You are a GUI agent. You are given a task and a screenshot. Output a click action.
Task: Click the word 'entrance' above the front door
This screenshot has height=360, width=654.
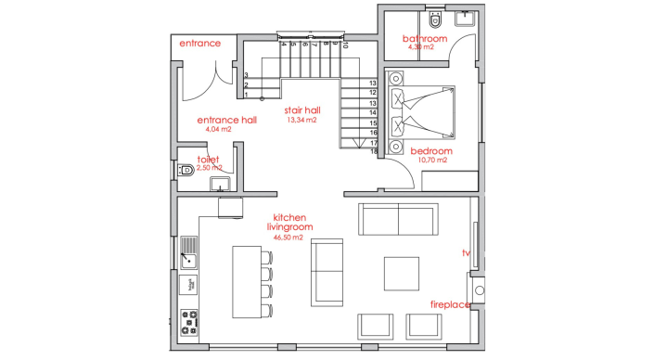[199, 43]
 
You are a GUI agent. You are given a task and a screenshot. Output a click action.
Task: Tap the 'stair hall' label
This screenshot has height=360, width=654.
[302, 109]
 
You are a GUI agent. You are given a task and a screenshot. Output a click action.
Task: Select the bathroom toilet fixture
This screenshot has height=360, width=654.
[436, 18]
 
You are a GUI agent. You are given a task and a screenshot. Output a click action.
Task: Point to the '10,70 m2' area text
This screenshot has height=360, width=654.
[433, 161]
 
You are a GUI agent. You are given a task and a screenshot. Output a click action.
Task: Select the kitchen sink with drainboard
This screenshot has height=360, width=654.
[188, 251]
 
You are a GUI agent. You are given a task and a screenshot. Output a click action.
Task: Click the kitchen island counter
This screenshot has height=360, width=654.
[246, 284]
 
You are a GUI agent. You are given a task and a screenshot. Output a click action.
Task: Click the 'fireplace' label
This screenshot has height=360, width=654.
[450, 304]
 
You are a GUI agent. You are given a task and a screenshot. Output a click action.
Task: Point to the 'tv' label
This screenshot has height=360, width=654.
[467, 252]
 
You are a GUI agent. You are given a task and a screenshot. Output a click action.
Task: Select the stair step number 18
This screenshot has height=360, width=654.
[372, 151]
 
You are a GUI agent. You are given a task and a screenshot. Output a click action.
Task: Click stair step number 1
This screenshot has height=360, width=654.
[246, 95]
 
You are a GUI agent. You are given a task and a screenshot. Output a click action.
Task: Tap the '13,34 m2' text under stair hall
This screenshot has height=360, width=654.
[302, 120]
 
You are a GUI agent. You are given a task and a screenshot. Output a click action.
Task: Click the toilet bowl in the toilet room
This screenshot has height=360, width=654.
[186, 170]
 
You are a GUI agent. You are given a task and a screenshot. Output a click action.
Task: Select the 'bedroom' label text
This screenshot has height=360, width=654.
[431, 150]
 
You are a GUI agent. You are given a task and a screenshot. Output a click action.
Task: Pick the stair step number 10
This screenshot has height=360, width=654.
[345, 44]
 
